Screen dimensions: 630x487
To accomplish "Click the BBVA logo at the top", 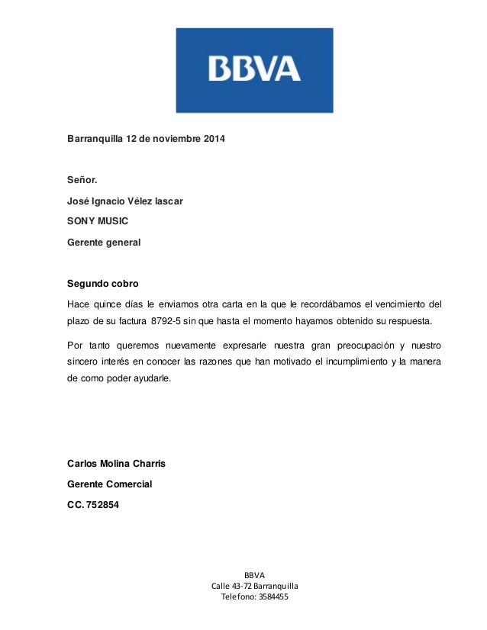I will coord(254,70).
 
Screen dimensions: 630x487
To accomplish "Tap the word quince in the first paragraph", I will coord(109,304).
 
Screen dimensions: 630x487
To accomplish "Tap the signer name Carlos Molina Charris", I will coord(117,464).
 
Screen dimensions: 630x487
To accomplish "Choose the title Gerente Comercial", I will coord(110,484).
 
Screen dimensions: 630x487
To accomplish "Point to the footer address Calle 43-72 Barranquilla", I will coord(254,585).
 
